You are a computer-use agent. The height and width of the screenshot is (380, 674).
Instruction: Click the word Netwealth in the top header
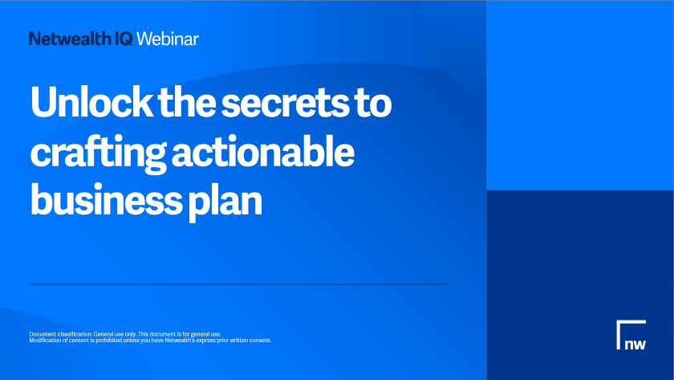coord(70,39)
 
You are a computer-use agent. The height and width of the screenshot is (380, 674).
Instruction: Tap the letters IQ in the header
coord(124,39)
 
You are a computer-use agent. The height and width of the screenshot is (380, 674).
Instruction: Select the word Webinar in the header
coord(168,39)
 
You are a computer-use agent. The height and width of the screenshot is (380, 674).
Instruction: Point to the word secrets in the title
coord(285,104)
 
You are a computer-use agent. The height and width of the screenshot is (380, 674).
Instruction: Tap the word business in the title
coord(106,200)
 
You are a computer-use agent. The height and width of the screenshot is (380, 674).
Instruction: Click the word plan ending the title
coord(225,202)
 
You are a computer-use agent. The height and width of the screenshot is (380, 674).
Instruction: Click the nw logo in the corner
coord(631,335)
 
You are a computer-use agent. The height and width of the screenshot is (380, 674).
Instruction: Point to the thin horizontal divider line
coord(238,284)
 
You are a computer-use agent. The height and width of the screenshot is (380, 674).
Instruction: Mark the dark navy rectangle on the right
coord(580,285)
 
